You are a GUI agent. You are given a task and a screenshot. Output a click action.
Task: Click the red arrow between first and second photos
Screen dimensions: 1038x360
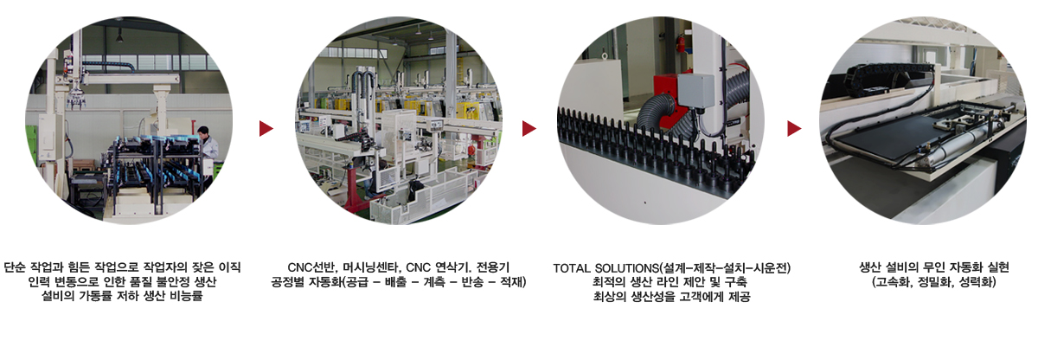[266, 128]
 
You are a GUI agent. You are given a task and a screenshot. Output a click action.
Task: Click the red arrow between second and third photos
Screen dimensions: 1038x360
[529, 128]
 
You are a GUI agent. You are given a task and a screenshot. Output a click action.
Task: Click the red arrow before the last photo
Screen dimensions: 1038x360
[794, 128]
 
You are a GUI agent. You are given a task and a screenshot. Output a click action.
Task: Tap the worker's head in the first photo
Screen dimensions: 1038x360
[203, 131]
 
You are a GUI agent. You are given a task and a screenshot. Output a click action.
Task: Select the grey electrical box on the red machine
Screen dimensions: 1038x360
[696, 90]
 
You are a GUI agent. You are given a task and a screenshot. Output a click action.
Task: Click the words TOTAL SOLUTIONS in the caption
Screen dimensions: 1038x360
[606, 268]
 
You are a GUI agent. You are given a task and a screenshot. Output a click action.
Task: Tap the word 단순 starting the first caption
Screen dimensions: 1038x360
[15, 267]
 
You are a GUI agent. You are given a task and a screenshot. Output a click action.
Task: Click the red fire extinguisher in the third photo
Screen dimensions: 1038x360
[680, 43]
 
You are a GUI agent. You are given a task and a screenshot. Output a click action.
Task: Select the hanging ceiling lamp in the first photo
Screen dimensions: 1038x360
[119, 36]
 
